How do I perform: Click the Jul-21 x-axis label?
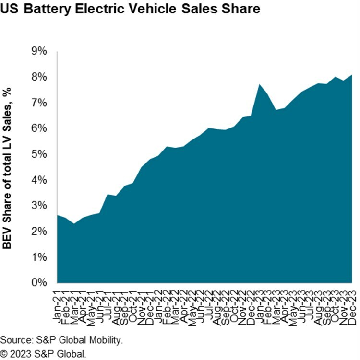point(109,300)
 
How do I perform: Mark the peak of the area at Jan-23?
point(260,85)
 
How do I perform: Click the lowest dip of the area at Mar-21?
point(73,224)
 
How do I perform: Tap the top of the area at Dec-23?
point(352,75)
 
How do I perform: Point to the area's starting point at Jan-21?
point(57,215)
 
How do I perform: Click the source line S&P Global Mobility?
point(62,341)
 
